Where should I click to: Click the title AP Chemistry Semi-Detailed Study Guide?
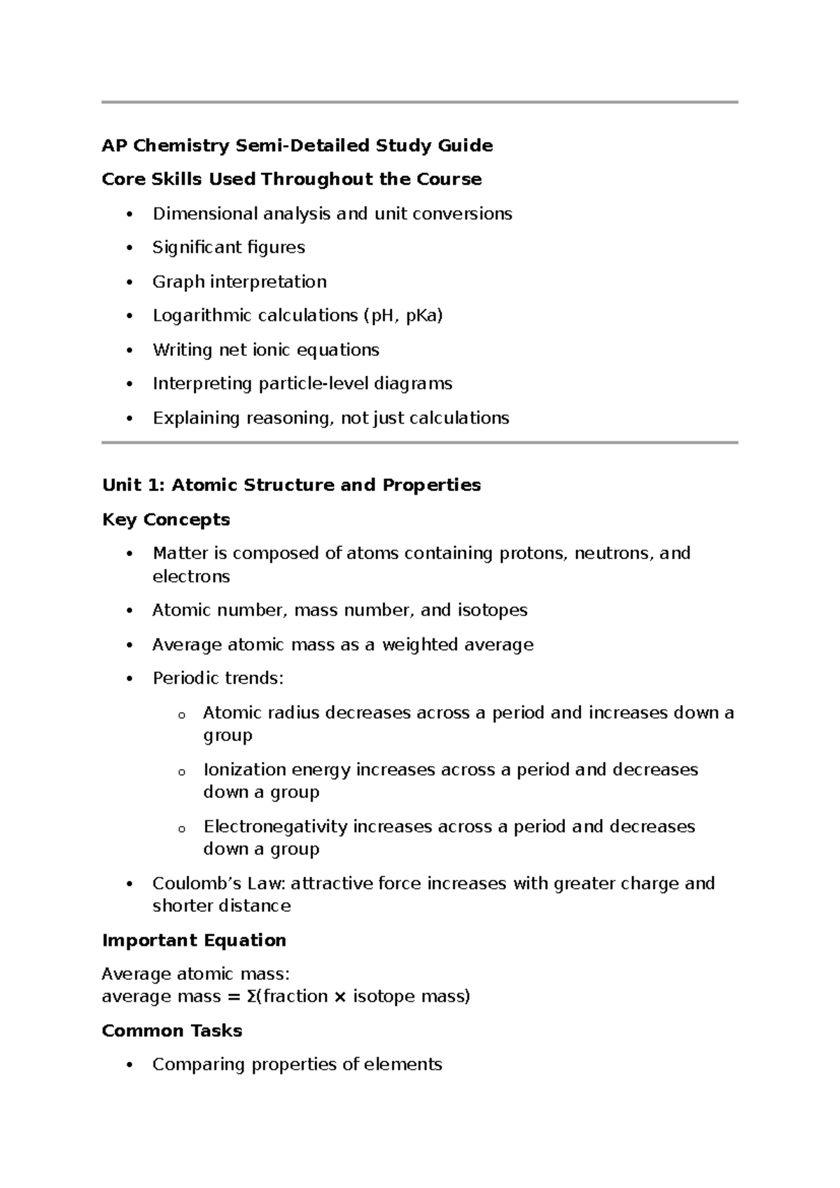(297, 146)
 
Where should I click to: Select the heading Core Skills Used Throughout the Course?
(291, 179)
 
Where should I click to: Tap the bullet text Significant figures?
(229, 247)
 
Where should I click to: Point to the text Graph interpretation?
(239, 282)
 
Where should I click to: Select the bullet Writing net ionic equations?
(266, 350)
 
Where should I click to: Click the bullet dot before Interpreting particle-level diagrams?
(129, 385)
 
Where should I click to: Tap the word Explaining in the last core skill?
(196, 418)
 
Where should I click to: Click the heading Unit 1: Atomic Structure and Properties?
(291, 485)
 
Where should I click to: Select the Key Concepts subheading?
(166, 520)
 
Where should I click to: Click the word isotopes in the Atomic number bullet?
(492, 610)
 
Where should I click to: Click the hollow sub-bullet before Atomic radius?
(181, 715)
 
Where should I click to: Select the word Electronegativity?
(275, 827)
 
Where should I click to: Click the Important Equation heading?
(194, 940)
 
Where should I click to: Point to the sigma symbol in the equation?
(251, 997)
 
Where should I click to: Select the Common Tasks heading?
(172, 1030)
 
